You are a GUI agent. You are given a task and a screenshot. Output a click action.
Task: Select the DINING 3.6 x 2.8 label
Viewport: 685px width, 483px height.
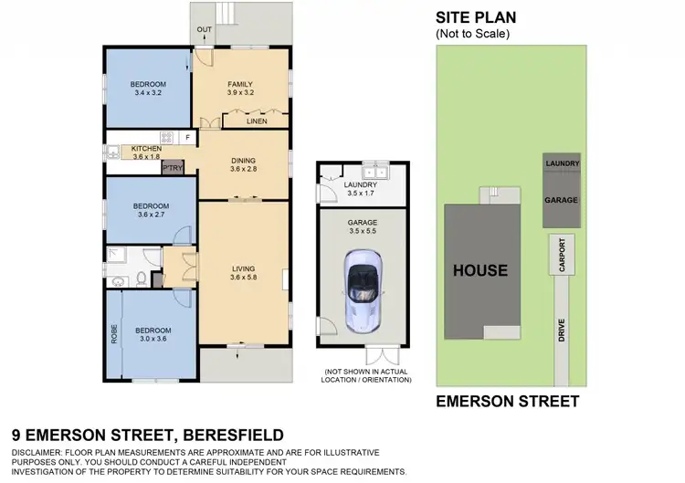244,163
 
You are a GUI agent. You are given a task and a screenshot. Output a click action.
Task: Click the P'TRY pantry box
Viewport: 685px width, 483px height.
172,168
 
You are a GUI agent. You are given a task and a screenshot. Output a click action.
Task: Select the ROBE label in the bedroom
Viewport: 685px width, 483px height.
113,332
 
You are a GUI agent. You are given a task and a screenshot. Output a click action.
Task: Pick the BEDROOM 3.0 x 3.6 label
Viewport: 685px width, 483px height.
152,334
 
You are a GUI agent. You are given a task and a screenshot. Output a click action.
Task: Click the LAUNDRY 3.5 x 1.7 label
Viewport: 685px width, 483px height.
362,189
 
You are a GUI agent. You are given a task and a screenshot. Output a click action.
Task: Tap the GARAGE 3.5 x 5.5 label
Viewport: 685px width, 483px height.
362,226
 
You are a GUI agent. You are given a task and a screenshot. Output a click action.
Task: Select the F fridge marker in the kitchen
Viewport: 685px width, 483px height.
187,138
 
